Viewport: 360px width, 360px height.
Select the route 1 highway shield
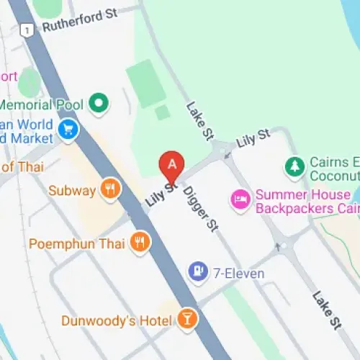tap(27, 30)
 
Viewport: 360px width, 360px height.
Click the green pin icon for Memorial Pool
tap(99, 104)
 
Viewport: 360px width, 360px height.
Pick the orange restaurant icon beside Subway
tap(109, 190)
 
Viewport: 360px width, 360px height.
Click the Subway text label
tap(72, 191)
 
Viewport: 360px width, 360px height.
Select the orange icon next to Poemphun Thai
tap(140, 243)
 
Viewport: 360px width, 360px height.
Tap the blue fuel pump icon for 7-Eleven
tap(196, 272)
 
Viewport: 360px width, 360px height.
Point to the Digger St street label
tap(200, 210)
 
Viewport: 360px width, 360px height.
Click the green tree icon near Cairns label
tap(294, 168)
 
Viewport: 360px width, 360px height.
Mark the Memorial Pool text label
tap(43, 104)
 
